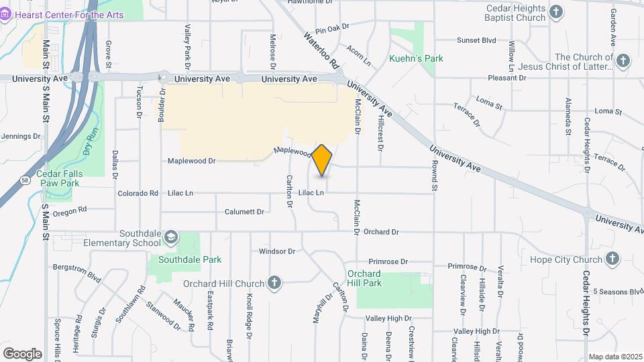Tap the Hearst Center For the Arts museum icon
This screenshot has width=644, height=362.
pyautogui.click(x=6, y=14)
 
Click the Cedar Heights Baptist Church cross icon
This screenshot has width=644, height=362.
pyautogui.click(x=556, y=11)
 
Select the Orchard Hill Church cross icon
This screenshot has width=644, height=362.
pyautogui.click(x=274, y=282)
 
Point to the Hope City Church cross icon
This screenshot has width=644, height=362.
pyautogui.click(x=612, y=259)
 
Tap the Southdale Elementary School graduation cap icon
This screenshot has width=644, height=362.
pyautogui.click(x=171, y=237)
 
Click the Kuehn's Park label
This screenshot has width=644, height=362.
pyautogui.click(x=416, y=58)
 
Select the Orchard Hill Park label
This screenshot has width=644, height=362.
pyautogui.click(x=365, y=278)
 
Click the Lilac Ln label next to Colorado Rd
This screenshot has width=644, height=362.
pyautogui.click(x=180, y=193)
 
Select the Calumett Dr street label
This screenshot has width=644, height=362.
pyautogui.click(x=244, y=212)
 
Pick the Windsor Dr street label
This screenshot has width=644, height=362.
pyautogui.click(x=277, y=251)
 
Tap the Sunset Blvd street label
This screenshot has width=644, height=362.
pyautogui.click(x=476, y=40)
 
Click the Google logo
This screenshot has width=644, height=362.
pyautogui.click(x=22, y=353)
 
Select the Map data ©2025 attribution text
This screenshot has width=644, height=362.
pyautogui.click(x=614, y=357)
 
